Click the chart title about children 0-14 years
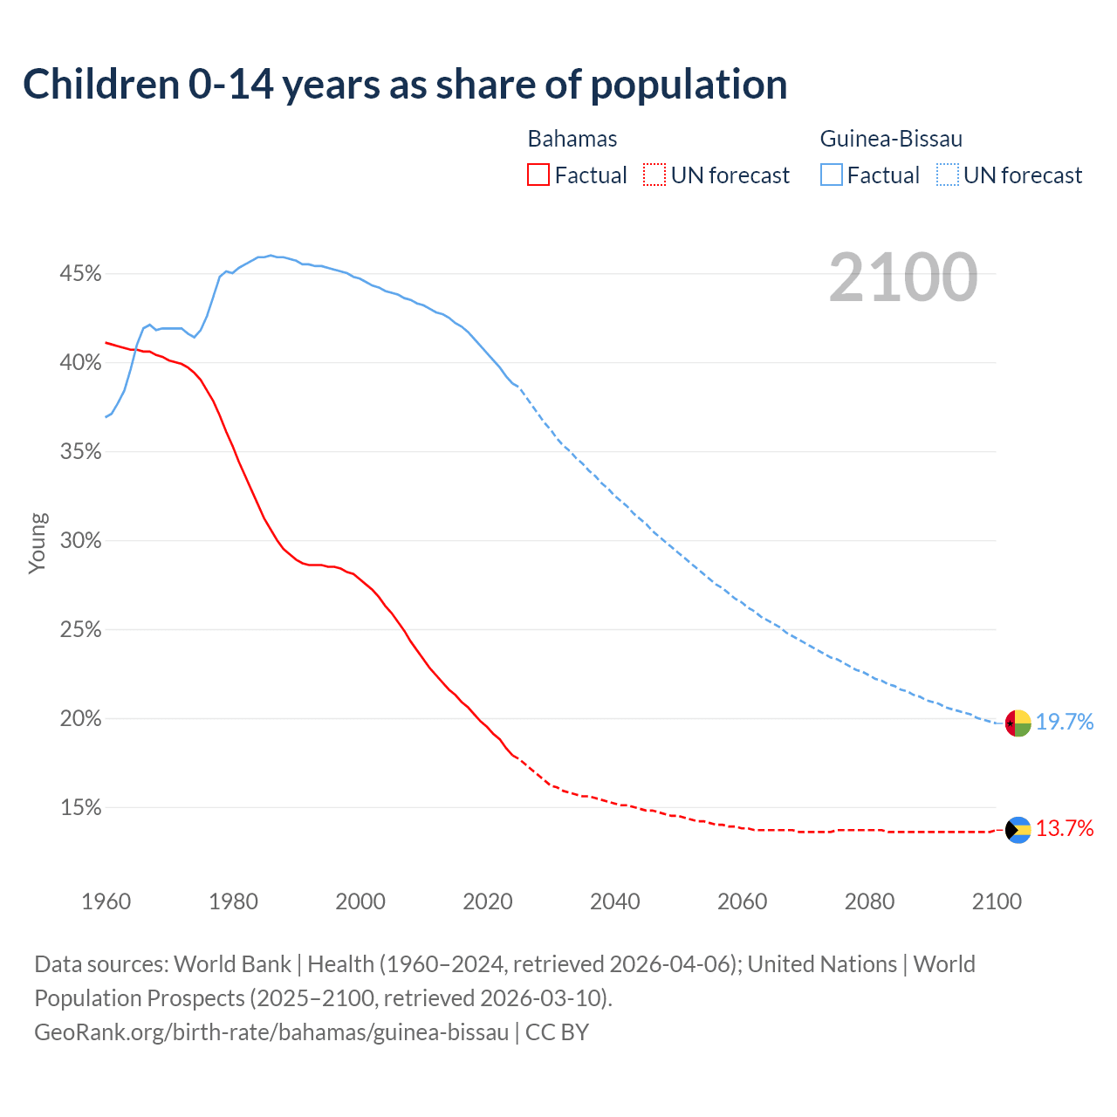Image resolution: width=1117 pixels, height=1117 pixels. click(405, 85)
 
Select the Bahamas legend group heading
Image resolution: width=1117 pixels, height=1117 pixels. click(572, 139)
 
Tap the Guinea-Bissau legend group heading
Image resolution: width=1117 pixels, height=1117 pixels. click(891, 139)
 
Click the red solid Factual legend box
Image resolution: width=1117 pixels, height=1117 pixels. click(538, 175)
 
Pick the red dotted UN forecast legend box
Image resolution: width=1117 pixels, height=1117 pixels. click(654, 175)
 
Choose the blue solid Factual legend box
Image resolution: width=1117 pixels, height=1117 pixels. click(832, 175)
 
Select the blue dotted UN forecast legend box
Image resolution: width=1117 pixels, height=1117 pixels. click(948, 175)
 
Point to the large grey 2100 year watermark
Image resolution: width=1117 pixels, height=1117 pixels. click(903, 278)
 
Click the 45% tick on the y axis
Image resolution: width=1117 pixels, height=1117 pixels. click(80, 274)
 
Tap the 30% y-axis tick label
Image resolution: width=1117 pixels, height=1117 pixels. click(80, 541)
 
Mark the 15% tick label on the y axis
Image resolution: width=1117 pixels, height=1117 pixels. click(80, 808)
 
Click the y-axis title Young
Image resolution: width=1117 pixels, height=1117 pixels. click(38, 543)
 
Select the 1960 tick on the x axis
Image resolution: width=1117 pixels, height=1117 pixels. click(106, 901)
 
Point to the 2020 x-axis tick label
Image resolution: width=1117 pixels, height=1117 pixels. click(488, 901)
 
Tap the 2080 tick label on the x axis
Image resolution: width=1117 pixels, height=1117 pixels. click(869, 901)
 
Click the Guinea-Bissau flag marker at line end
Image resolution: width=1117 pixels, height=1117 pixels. click(1018, 723)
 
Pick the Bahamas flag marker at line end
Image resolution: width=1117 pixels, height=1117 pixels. click(1018, 830)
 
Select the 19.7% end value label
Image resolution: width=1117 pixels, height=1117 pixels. click(1065, 722)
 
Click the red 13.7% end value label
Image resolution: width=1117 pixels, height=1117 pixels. click(1065, 829)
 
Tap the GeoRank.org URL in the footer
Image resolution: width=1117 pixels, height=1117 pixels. click(271, 1032)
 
